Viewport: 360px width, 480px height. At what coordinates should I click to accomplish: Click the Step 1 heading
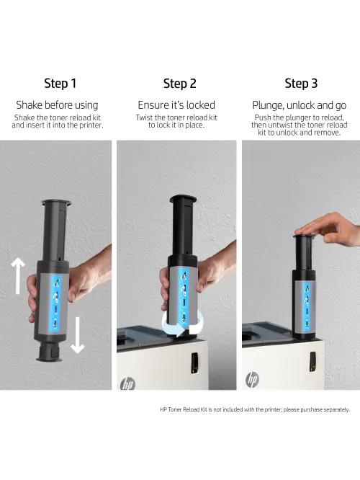pos(60,84)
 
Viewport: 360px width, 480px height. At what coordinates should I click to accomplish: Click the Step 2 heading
pos(179,84)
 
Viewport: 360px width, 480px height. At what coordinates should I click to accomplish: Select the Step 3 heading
pos(301,84)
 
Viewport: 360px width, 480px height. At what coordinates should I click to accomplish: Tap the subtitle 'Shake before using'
pos(57,105)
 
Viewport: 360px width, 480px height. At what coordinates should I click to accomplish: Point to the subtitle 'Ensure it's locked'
pos(176,105)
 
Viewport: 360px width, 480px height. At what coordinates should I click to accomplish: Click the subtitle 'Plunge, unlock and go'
pos(299,105)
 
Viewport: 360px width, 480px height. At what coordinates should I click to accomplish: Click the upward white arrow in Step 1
pos(18,275)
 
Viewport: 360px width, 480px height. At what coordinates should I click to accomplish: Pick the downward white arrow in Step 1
pos(77,335)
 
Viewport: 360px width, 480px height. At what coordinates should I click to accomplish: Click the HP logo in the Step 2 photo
pos(127,383)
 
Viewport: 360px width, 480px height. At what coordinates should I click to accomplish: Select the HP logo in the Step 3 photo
pos(252,380)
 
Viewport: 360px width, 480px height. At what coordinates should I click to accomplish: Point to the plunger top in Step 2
pos(183,200)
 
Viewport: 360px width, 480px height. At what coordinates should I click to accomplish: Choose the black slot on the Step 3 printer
pos(312,361)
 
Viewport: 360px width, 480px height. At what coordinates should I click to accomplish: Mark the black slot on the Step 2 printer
pos(194,363)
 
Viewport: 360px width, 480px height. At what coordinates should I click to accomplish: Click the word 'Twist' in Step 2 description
pos(144,117)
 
